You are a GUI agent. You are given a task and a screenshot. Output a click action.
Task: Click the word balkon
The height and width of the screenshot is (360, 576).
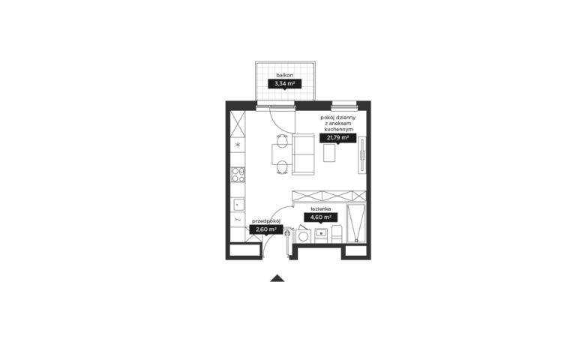[x=285, y=75]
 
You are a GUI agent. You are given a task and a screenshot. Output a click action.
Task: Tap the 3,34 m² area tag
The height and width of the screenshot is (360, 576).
[x=285, y=84]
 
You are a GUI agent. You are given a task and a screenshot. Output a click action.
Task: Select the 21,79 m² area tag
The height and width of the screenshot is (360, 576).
[x=338, y=138]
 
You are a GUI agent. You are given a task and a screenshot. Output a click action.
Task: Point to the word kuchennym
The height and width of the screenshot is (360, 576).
[x=339, y=130]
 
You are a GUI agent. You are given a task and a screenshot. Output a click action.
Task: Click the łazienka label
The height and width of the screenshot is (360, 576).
[x=321, y=209]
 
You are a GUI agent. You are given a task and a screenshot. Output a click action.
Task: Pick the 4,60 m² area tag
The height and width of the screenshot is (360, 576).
[x=321, y=217]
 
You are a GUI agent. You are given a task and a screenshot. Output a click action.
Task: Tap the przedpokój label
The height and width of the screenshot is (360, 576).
[x=266, y=221]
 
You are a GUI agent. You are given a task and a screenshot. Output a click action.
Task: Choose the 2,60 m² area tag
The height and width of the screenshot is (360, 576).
[x=266, y=229]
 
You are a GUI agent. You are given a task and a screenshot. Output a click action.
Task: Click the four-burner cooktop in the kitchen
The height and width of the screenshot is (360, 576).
[x=238, y=175]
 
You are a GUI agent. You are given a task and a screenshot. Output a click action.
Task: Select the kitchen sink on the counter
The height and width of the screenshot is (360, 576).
[x=238, y=205]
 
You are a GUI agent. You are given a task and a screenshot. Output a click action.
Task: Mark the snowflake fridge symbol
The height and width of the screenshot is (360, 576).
[x=238, y=145]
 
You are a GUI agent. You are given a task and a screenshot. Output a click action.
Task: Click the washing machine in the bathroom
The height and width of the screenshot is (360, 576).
[x=304, y=235]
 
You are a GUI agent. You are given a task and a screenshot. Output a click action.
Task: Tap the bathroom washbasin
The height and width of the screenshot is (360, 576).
[x=321, y=233]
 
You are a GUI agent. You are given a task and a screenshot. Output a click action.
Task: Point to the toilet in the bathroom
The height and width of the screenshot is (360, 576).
[x=337, y=234]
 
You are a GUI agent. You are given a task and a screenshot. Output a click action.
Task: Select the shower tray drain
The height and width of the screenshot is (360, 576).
[x=356, y=241]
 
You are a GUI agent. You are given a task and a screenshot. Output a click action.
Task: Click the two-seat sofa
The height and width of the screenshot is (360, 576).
[x=304, y=154]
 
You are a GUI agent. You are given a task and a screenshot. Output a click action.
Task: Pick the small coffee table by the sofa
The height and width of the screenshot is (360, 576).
[x=329, y=153]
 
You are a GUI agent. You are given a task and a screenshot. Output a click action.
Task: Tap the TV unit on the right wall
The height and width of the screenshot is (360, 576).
[x=362, y=155]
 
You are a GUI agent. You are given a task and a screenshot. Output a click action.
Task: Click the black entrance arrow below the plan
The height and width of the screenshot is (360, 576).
[x=277, y=278]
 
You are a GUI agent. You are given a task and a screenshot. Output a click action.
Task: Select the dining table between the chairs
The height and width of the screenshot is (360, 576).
[x=282, y=154]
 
